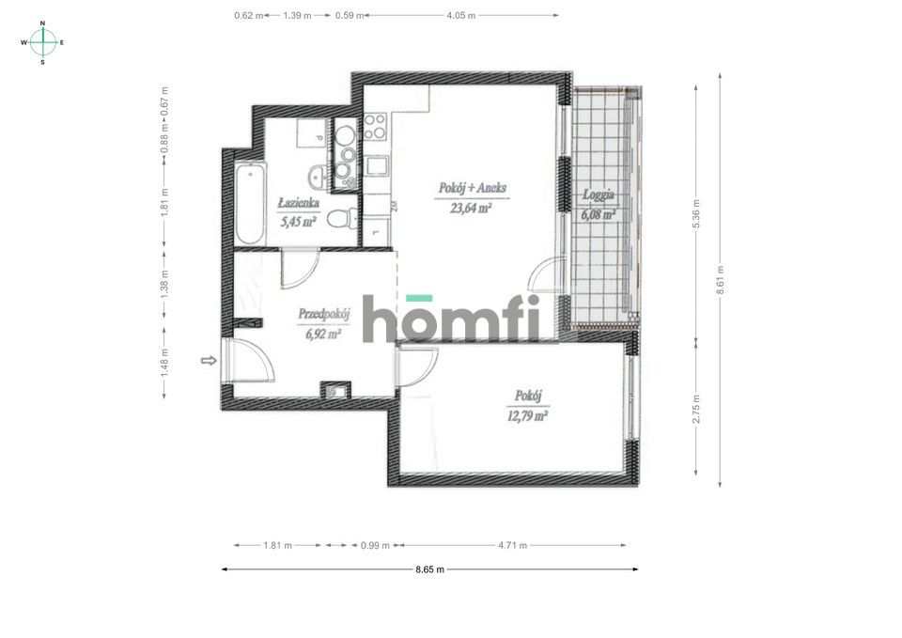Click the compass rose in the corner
click(x=43, y=42)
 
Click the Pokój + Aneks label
click(x=472, y=188)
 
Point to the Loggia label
click(x=599, y=195)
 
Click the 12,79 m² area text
click(x=529, y=415)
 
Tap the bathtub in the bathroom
click(x=250, y=204)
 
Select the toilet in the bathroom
click(x=348, y=218)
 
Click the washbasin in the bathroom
click(x=319, y=173)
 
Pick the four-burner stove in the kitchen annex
click(x=375, y=126)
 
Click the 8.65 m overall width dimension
click(x=429, y=569)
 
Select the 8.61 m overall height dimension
click(x=721, y=279)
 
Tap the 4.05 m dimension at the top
click(x=460, y=15)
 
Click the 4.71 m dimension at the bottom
click(x=510, y=545)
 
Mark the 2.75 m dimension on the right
click(x=696, y=408)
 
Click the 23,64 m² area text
click(x=472, y=210)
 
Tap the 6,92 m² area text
click(x=320, y=333)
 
